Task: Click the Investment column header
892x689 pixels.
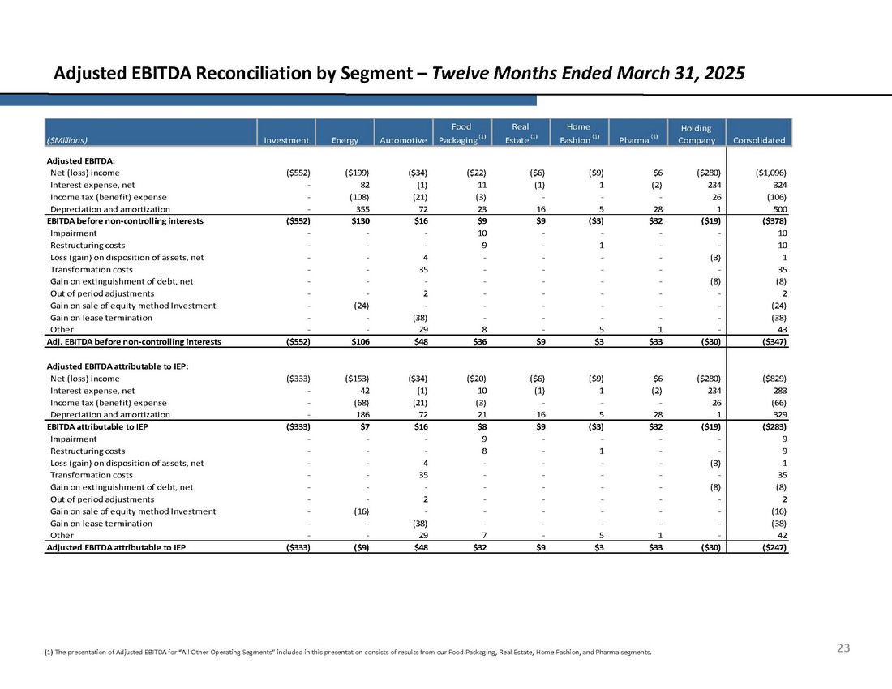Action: tap(286, 140)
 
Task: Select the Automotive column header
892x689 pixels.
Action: tap(403, 140)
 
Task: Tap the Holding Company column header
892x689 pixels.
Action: tap(697, 134)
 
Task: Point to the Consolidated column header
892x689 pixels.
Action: tap(759, 140)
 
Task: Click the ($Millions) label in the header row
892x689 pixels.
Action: tap(67, 140)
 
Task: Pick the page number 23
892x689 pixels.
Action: tap(843, 648)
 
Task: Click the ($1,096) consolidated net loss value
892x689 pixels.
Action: tap(766, 173)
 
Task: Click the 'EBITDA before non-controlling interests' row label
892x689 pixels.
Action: tap(125, 220)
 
